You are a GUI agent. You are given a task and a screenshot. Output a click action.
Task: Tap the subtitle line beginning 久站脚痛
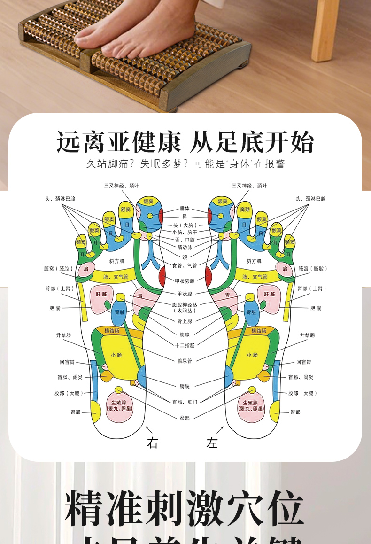(185, 164)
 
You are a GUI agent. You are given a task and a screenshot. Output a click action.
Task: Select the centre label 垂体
(185, 208)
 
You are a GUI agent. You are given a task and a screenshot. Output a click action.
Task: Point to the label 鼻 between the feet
(185, 216)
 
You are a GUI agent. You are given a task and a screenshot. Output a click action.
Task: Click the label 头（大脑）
(185, 225)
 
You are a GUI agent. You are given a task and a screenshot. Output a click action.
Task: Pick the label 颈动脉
(185, 247)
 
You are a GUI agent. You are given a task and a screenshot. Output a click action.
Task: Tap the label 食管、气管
(185, 265)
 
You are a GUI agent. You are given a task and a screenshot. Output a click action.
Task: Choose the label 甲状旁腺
(185, 281)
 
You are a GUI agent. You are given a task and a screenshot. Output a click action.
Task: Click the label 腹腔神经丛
(185, 304)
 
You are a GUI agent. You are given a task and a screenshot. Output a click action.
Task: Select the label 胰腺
(185, 334)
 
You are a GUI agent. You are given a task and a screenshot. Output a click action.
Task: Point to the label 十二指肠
(185, 345)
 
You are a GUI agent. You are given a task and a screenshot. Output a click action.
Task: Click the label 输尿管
(185, 361)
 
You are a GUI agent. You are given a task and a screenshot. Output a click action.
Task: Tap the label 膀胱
(185, 386)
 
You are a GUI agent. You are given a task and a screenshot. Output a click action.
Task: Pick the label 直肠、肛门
(185, 402)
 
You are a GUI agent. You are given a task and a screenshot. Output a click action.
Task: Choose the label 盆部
(185, 418)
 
